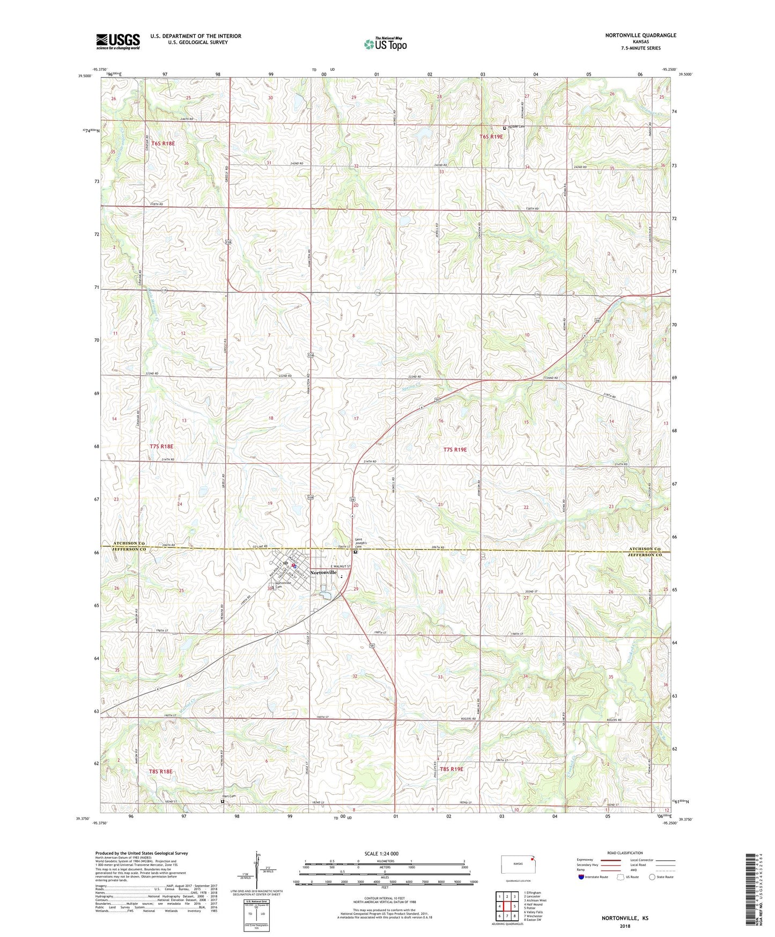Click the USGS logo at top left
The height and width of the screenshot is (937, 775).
[x=118, y=41]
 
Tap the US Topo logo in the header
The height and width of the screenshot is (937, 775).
[x=385, y=44]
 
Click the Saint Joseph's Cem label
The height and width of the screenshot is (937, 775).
[x=361, y=543]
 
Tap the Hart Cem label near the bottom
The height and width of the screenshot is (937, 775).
[x=229, y=796]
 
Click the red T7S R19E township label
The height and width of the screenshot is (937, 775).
[x=455, y=450]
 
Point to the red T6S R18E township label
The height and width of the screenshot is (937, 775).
[x=163, y=144]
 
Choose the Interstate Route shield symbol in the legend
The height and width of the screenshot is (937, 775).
[x=582, y=877]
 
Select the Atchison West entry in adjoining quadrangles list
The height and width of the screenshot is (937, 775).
[x=536, y=900]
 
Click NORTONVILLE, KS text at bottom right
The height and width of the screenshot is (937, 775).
[x=625, y=918]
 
